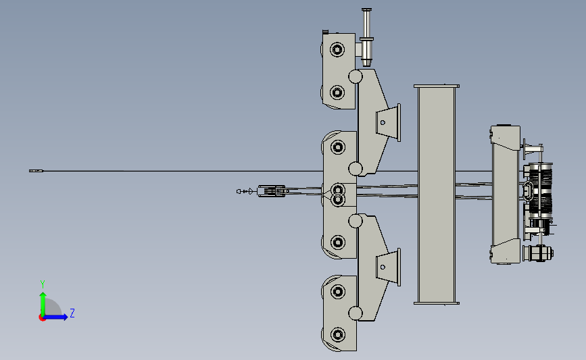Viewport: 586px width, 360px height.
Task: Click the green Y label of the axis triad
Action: pyautogui.click(x=43, y=284)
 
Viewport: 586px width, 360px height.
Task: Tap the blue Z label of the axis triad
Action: pyautogui.click(x=72, y=313)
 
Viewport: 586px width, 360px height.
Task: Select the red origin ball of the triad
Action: pyautogui.click(x=42, y=318)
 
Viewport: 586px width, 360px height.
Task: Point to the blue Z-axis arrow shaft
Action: pyautogui.click(x=54, y=317)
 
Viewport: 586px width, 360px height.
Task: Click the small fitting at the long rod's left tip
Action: pyautogui.click(x=36, y=171)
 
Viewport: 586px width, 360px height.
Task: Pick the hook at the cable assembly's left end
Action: pyautogui.click(x=245, y=192)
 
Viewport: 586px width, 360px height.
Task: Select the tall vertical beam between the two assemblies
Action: pyautogui.click(x=437, y=195)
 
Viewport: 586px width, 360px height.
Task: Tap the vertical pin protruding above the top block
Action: pyautogui.click(x=366, y=37)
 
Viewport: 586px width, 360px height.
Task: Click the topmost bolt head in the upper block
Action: pyautogui.click(x=337, y=49)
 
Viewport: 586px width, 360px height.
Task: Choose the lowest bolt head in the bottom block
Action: pyautogui.click(x=338, y=334)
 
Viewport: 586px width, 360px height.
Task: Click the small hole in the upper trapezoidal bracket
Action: pyautogui.click(x=383, y=122)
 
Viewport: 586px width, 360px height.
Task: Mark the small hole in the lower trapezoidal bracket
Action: pyautogui.click(x=383, y=267)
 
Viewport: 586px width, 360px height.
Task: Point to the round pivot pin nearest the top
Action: pyautogui.click(x=356, y=76)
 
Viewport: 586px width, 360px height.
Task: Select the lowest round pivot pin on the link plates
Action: pyautogui.click(x=356, y=313)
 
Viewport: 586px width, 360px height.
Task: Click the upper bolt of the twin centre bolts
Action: pyautogui.click(x=338, y=190)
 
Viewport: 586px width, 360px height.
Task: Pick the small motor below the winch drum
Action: pyautogui.click(x=538, y=253)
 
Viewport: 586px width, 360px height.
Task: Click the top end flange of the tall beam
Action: pyautogui.click(x=437, y=86)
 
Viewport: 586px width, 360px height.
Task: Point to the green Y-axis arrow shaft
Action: pyautogui.click(x=43, y=305)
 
